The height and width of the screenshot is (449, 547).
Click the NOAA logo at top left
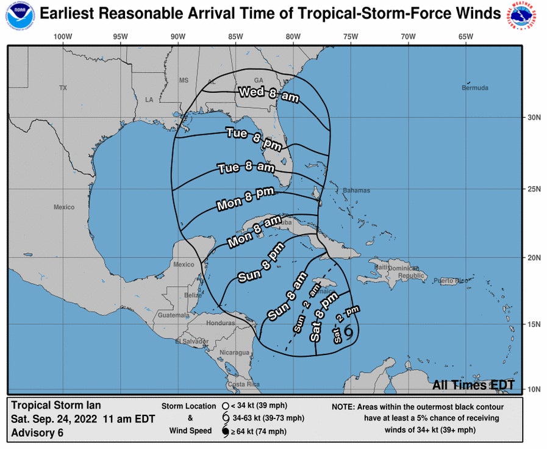(19, 18)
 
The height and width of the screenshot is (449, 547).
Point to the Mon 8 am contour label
(254, 232)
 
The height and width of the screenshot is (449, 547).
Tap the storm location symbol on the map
(349, 331)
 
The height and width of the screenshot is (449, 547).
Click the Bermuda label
(476, 88)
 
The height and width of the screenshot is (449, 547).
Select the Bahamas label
(356, 190)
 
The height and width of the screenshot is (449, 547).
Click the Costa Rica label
(243, 384)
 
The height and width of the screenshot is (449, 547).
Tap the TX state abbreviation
(62, 88)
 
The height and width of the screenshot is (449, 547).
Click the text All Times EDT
(473, 385)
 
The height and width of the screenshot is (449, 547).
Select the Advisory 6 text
(37, 433)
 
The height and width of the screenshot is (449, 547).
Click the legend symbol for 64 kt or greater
(225, 432)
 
